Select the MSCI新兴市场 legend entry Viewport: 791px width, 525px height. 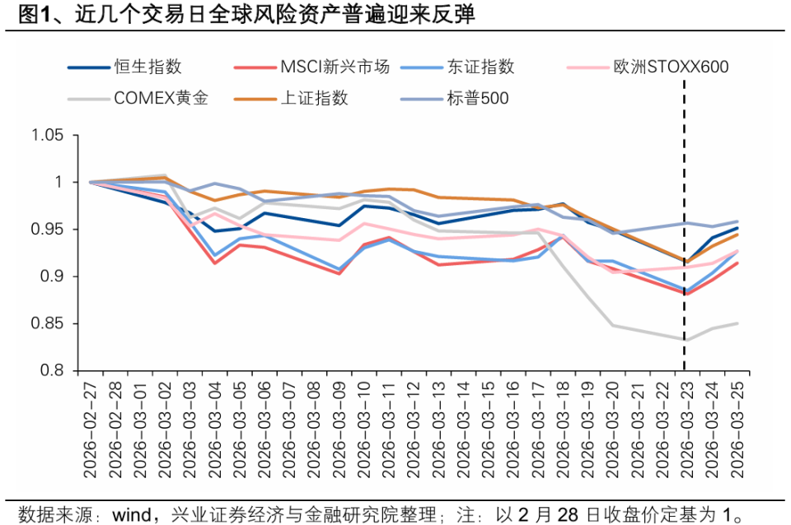(334, 67)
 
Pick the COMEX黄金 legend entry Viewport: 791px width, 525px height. (161, 98)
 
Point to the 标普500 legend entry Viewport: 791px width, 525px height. (478, 98)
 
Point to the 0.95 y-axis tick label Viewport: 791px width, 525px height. (47, 230)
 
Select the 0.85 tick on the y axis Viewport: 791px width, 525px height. (47, 324)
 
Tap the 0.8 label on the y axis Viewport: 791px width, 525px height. (53, 371)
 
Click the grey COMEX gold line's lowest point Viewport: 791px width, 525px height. (685, 339)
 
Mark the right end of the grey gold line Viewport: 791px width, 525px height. (737, 323)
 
